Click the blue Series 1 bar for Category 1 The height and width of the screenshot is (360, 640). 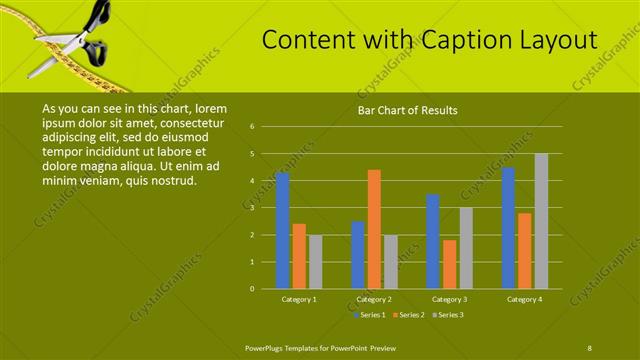point(282,231)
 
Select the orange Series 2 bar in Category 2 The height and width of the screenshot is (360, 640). point(374,229)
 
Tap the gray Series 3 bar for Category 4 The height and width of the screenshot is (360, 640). point(541,221)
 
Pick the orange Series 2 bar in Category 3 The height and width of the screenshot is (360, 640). point(450,264)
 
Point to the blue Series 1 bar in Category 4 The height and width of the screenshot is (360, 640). point(508,228)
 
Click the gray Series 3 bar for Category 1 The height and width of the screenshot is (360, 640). point(316,262)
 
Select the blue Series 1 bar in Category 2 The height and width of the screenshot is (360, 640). point(357,255)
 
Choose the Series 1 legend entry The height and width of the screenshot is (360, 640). point(370,314)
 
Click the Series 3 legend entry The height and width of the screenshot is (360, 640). point(450,314)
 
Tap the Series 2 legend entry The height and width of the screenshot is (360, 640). point(410,314)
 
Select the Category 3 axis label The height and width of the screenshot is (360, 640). point(449,299)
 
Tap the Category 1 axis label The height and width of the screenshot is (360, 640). point(299,299)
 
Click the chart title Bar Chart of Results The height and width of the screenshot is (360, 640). point(408,110)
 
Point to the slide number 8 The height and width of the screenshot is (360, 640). point(590,346)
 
